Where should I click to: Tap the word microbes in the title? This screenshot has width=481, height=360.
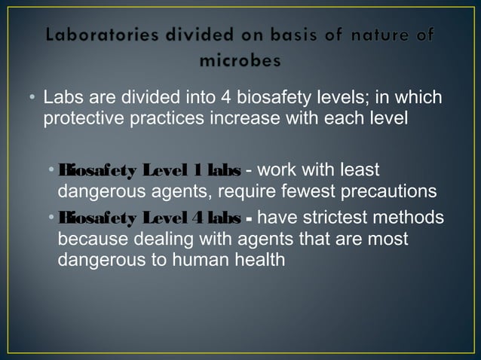pyautogui.click(x=240, y=61)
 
